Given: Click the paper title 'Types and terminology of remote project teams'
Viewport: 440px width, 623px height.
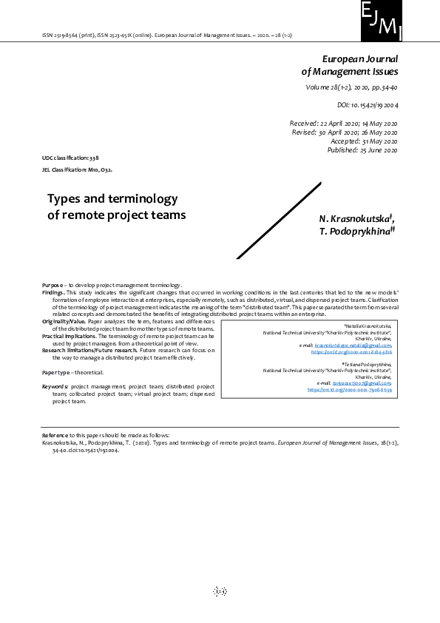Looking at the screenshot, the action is click(x=116, y=207).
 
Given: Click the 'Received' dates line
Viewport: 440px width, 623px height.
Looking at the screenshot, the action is click(x=343, y=123).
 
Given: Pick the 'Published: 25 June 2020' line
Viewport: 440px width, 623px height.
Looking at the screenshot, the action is click(x=362, y=150).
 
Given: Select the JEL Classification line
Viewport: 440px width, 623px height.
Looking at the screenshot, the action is click(x=78, y=169).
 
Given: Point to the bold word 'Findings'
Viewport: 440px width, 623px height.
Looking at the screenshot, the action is click(x=54, y=292).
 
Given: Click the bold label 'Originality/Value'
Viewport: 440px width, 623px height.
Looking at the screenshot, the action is click(x=64, y=323).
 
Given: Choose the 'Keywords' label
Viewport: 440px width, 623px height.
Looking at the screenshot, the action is click(x=55, y=386).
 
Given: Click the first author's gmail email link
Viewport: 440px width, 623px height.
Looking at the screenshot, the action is click(x=353, y=346).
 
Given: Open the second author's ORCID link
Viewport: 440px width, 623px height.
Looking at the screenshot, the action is click(x=349, y=389).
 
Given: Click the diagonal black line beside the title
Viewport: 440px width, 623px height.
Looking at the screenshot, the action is click(x=271, y=222).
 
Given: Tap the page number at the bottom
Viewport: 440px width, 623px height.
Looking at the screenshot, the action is click(x=220, y=591).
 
